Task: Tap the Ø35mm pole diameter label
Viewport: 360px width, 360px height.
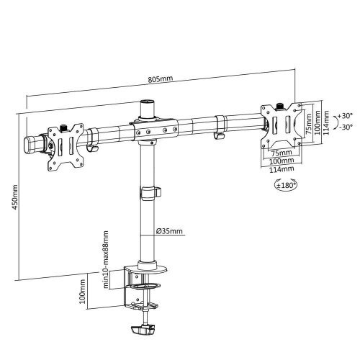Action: (171, 230)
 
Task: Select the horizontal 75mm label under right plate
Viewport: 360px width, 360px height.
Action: (281, 153)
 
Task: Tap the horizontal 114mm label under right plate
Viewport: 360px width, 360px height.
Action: (281, 169)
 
